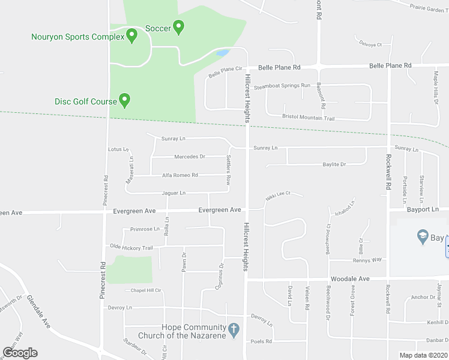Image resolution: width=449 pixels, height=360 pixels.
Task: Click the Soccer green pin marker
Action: pos(178,26)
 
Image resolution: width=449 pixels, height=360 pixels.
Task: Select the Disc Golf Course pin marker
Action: pos(125,100)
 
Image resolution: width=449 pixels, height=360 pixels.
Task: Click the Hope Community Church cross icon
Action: pos(234,329)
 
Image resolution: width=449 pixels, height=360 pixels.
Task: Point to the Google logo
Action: pos(20,353)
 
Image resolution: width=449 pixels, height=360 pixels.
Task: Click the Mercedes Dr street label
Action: pos(189,157)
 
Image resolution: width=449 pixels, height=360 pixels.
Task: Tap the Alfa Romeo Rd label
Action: pos(180,175)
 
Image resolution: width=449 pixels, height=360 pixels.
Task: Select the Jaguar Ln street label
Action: pos(173,193)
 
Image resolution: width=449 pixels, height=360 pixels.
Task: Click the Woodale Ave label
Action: pos(348,280)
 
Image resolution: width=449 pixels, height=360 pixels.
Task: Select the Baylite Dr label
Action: pos(334,164)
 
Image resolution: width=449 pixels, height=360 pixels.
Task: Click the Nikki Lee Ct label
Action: pos(279,194)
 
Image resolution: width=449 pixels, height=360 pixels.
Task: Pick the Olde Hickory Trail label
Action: pos(131,247)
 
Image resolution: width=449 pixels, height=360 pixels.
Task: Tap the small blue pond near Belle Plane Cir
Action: pos(221,53)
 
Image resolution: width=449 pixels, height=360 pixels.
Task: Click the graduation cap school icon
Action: pos(423,236)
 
